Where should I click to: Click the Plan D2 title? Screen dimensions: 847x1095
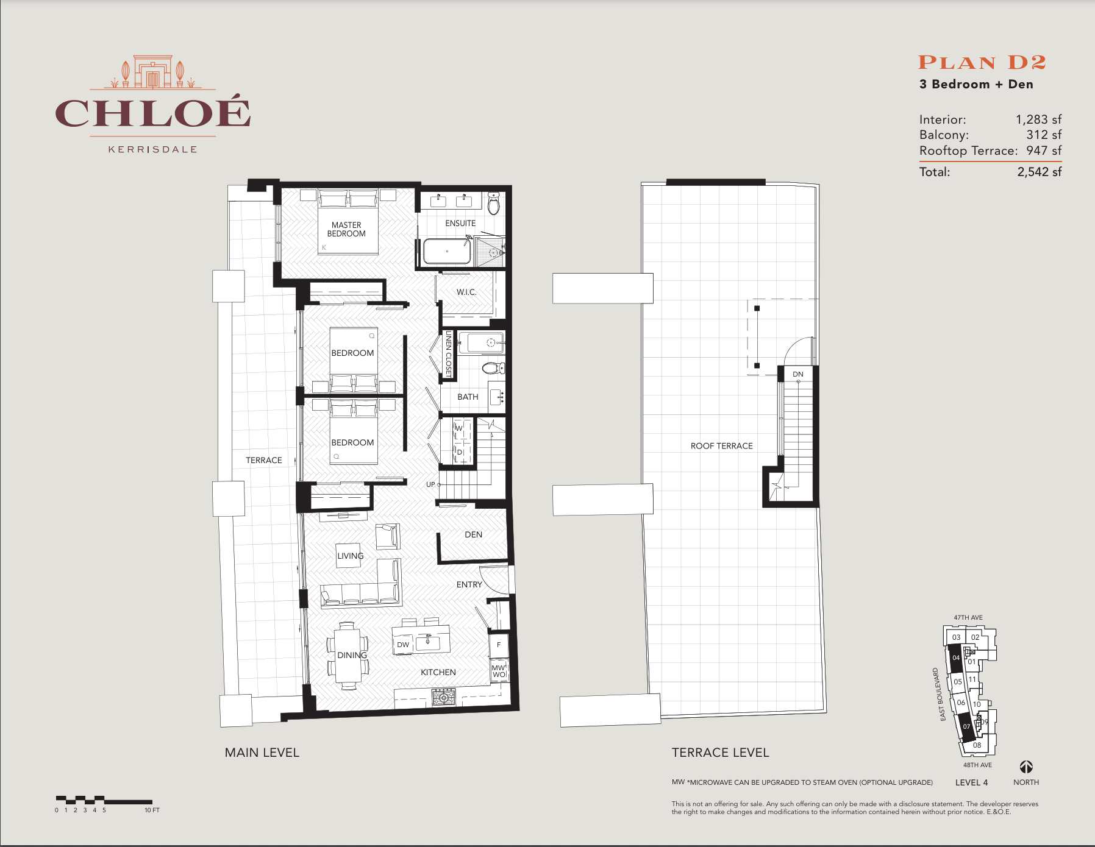click(982, 63)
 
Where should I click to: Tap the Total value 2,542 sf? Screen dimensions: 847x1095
click(1039, 172)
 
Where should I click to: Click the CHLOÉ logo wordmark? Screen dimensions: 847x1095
click(152, 113)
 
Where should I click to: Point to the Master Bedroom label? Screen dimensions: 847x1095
click(346, 229)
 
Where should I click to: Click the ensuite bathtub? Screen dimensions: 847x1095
click(447, 251)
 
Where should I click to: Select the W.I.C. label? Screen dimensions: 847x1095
click(466, 292)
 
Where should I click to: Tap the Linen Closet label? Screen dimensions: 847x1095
click(449, 354)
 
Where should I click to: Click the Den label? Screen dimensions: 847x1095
click(473, 534)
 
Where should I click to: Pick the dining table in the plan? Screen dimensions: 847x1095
click(348, 656)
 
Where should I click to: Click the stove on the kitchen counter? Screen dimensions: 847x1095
click(443, 696)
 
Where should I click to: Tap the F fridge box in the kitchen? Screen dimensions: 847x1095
click(499, 645)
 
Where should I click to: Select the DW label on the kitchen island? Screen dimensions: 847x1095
click(403, 645)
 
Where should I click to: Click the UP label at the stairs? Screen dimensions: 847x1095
click(430, 484)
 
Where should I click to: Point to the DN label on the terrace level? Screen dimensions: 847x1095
click(797, 374)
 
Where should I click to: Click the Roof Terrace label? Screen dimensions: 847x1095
click(721, 446)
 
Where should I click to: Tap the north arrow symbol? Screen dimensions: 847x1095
click(1026, 767)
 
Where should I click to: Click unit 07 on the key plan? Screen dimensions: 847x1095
click(966, 726)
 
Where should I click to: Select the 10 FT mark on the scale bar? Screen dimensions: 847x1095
click(152, 810)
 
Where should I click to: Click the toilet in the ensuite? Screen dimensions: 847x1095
click(494, 204)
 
